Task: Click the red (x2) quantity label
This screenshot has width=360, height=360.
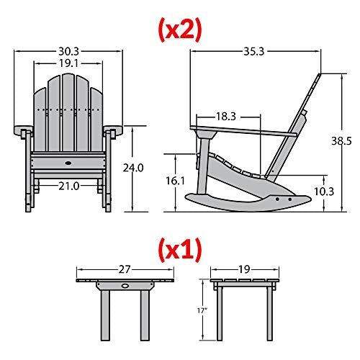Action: (x=180, y=30)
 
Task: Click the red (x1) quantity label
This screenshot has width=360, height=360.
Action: (x=180, y=250)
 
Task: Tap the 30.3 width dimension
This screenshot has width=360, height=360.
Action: (x=68, y=51)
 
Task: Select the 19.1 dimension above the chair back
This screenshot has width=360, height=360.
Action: (x=68, y=63)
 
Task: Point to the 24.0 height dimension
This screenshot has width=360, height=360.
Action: (x=133, y=168)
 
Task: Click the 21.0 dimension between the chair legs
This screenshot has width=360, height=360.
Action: (x=69, y=186)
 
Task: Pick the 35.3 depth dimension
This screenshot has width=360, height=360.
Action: (x=254, y=51)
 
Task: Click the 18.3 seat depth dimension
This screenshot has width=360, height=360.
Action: (x=226, y=117)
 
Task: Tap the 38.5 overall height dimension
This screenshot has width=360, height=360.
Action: (x=341, y=141)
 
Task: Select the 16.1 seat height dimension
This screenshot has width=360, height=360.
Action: (x=176, y=181)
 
